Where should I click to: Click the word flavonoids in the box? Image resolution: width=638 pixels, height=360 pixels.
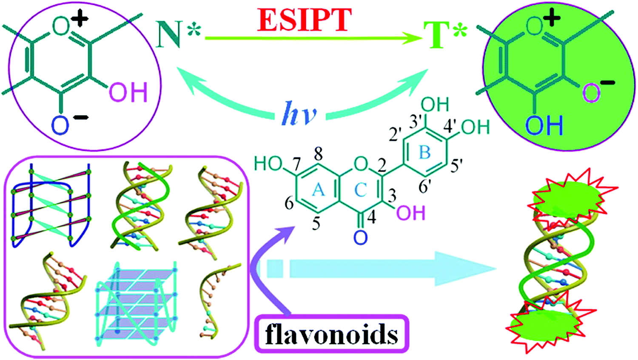(x=331, y=334)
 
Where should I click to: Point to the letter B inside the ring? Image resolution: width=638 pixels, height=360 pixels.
(x=424, y=153)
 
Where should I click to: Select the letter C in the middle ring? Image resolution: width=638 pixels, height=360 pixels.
(x=360, y=190)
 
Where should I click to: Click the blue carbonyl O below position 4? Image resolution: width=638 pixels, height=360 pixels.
(x=361, y=237)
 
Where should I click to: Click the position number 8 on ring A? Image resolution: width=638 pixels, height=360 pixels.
(x=319, y=155)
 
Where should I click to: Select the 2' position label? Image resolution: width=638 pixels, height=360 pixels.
(x=395, y=134)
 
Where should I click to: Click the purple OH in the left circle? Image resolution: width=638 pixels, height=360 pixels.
(x=128, y=92)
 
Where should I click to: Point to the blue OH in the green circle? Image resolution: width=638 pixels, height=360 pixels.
(x=544, y=126)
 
